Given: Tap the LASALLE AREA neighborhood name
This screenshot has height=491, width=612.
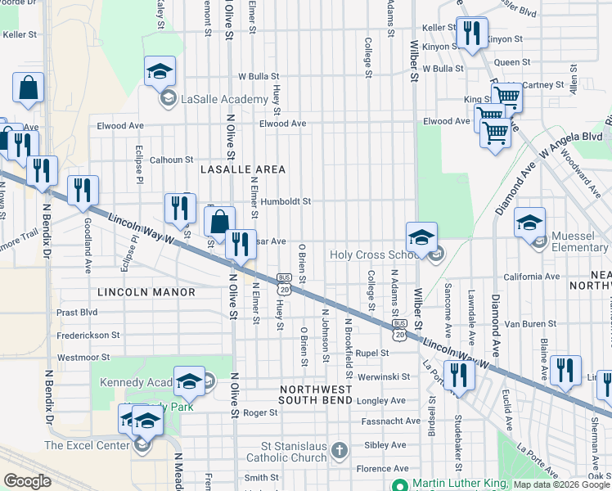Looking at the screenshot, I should coord(243,169).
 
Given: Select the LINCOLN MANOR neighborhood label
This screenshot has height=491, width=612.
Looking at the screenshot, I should coord(146,292).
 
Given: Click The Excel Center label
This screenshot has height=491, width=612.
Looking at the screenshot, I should coord(88,445).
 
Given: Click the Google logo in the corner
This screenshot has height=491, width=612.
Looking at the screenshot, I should coord(27,481).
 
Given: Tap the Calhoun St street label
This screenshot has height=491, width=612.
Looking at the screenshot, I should coord(170,160).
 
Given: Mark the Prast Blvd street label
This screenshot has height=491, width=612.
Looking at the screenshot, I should coord(78,313).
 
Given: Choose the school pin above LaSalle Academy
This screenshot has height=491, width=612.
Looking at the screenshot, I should coord(160,73).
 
